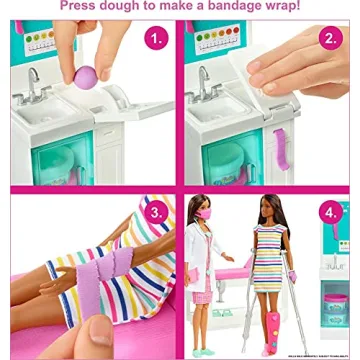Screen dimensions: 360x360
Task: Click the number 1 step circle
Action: pos(156,39)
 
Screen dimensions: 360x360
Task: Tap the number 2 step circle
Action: pos(331,40)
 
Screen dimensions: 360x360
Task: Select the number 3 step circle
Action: pos(156,214)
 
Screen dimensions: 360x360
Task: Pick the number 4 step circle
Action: pos(331,214)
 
